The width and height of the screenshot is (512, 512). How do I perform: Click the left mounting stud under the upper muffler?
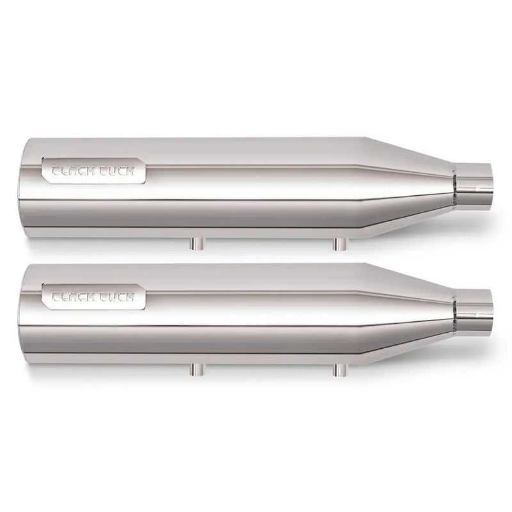coord(195,243)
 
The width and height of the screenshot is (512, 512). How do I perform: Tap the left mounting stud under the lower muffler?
coord(195,368)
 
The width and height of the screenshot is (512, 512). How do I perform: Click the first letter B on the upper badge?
coord(55,172)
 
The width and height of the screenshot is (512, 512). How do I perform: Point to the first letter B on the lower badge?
coord(55,296)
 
